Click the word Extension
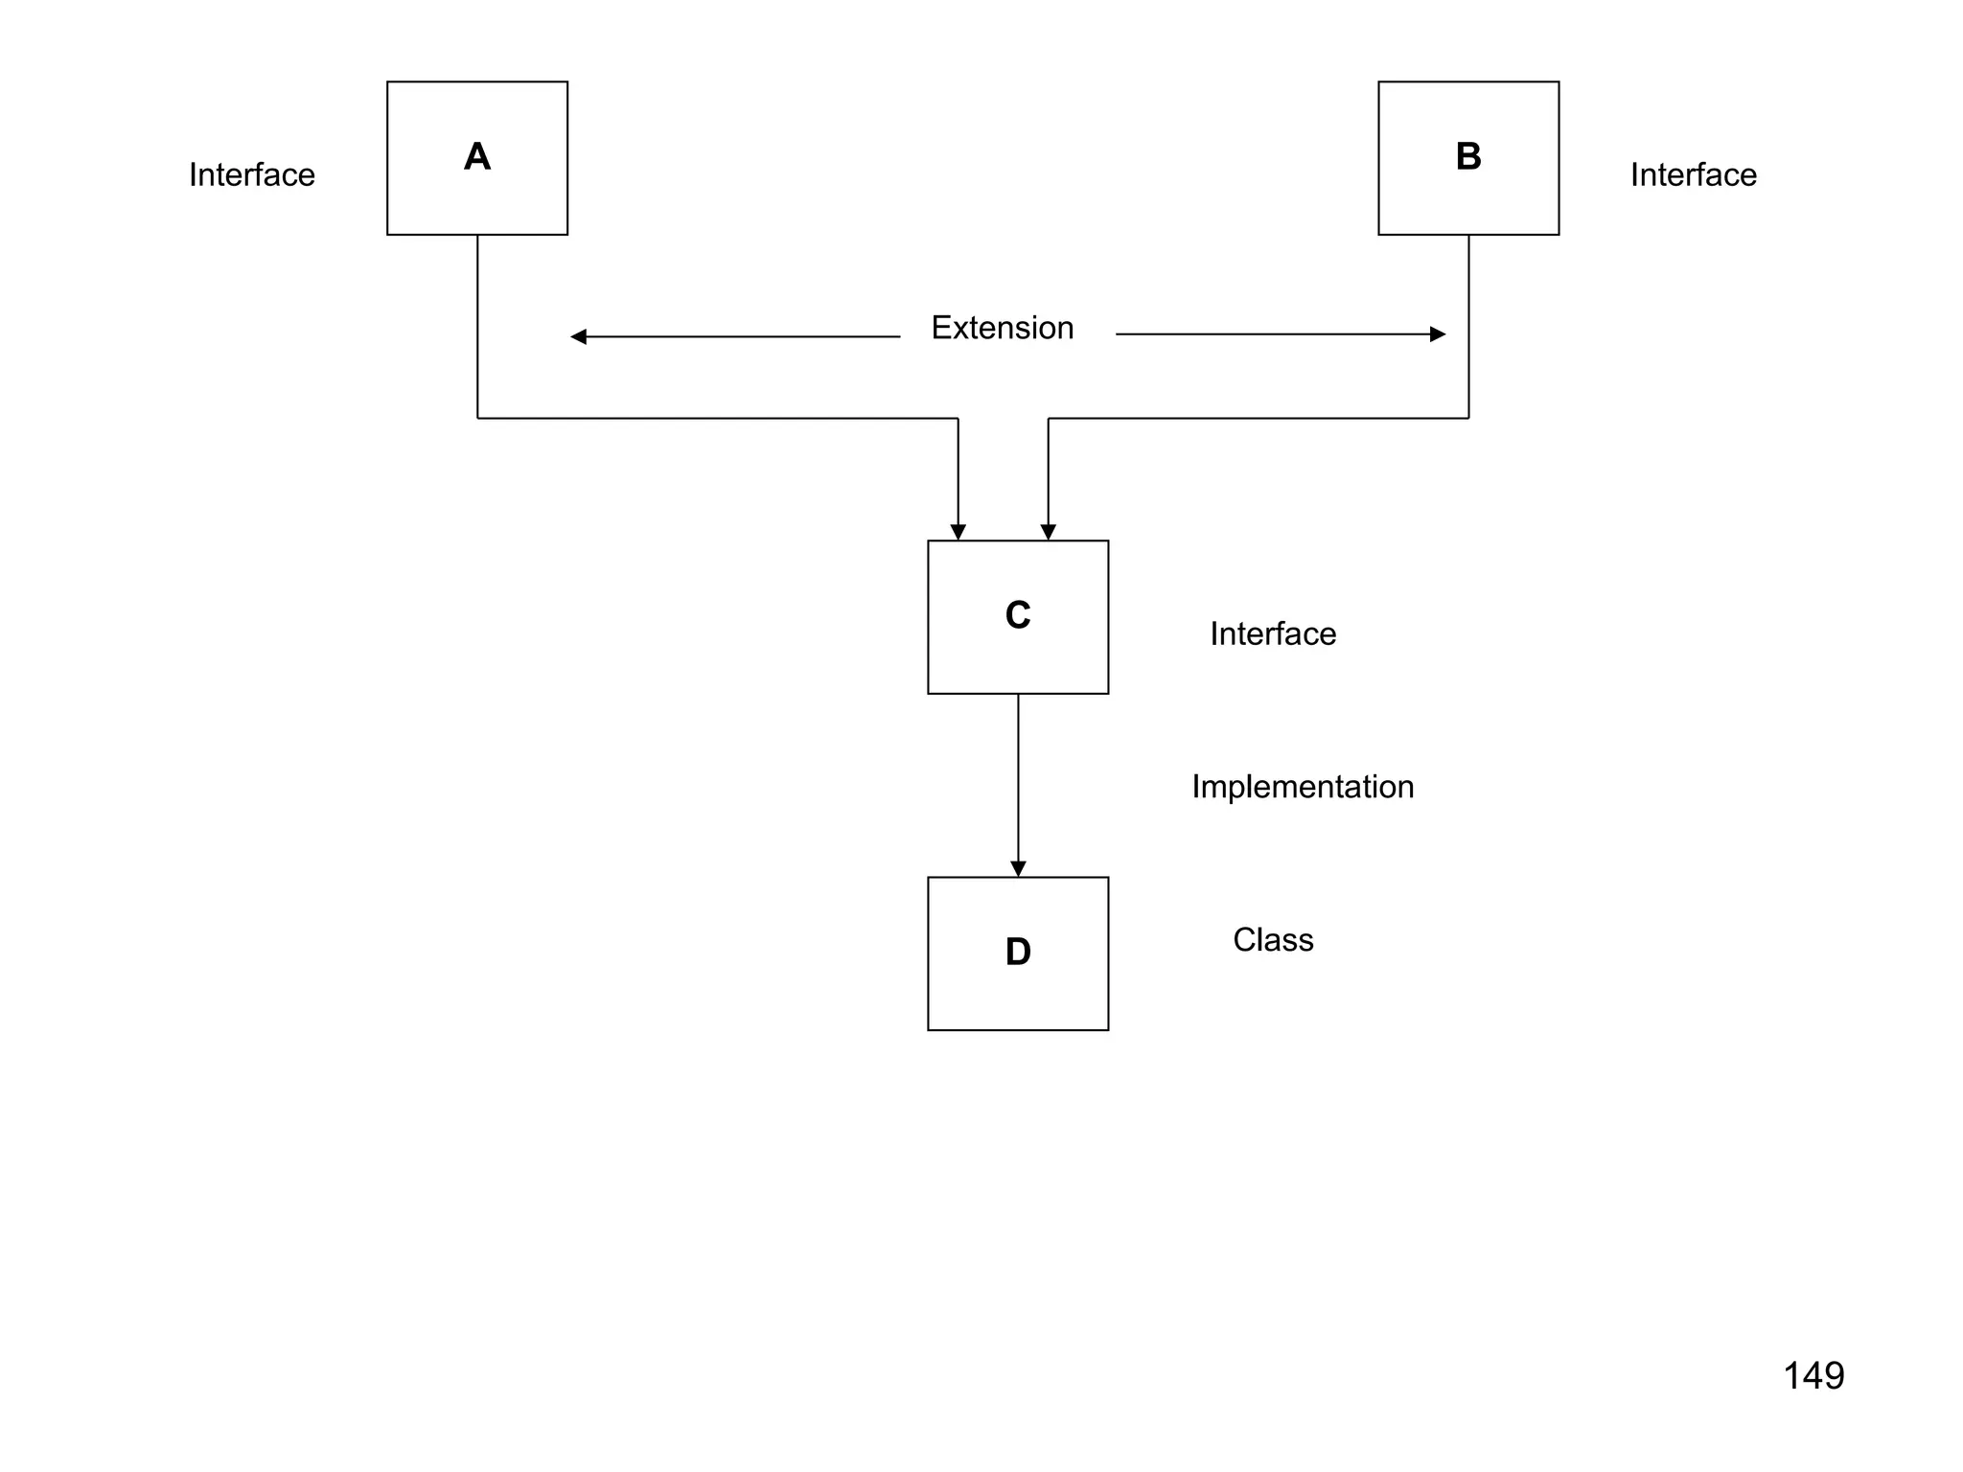(1002, 328)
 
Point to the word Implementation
(1302, 787)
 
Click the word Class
(1272, 939)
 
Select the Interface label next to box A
(251, 174)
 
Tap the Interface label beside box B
(1693, 174)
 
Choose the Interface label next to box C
(1272, 633)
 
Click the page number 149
(1813, 1375)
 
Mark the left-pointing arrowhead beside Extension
(578, 336)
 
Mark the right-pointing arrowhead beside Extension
(1437, 334)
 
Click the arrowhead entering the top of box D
(1018, 868)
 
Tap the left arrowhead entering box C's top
(958, 532)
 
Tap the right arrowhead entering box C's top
(1048, 532)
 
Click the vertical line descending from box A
(477, 326)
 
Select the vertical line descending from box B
(1468, 326)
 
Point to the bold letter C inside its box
(1017, 615)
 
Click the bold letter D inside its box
(1017, 952)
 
